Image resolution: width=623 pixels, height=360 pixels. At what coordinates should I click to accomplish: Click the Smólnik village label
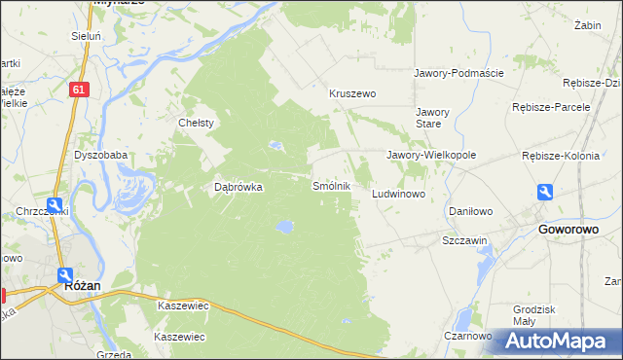point(330,185)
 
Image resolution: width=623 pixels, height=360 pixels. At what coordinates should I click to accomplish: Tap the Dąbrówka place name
point(238,188)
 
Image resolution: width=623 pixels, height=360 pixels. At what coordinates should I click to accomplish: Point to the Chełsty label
point(196,123)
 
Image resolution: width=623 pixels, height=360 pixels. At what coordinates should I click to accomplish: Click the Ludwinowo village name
point(400,195)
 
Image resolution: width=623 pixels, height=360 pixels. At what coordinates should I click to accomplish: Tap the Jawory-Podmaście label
point(458,73)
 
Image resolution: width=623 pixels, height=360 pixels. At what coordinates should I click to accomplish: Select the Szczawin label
point(464,239)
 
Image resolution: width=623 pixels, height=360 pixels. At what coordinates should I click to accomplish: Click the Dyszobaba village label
point(100,155)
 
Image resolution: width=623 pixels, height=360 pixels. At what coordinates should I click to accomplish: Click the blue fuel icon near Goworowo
point(546,193)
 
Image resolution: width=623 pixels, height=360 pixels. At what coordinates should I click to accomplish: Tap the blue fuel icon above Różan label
point(65,275)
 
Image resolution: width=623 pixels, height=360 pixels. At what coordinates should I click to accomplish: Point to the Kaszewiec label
point(184,305)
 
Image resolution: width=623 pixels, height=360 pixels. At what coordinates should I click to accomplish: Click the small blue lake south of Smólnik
point(283,227)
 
